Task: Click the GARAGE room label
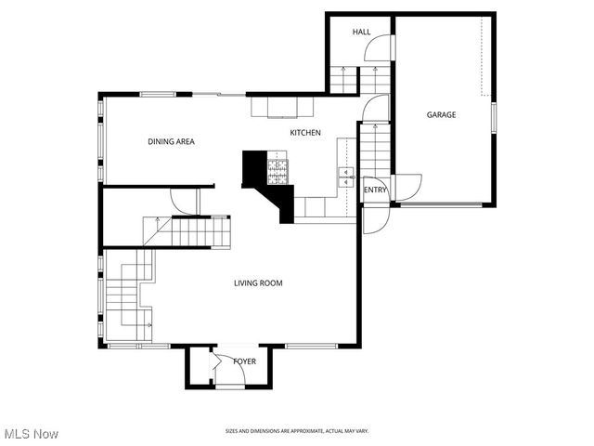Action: [441, 115]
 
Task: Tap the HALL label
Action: [361, 33]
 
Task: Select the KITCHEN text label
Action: [305, 133]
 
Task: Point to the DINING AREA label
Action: [171, 142]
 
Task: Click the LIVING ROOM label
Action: [258, 283]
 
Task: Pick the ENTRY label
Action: [375, 190]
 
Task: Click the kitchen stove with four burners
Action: [278, 170]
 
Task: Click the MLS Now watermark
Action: [32, 434]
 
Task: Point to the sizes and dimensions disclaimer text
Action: [297, 431]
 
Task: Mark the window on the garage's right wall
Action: [494, 117]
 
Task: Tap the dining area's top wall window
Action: [158, 93]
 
